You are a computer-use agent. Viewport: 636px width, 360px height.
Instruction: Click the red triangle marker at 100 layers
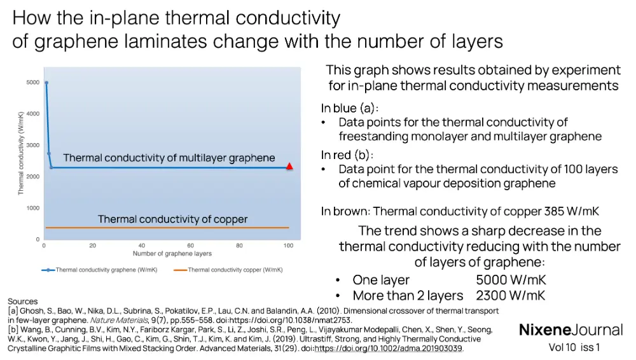pyautogui.click(x=289, y=167)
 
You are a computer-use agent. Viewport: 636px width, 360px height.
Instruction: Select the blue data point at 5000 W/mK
pyautogui.click(x=46, y=83)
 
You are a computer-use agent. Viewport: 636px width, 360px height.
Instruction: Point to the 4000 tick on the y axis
pyautogui.click(x=32, y=114)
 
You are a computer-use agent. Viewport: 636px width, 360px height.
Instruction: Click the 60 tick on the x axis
pyautogui.click(x=190, y=246)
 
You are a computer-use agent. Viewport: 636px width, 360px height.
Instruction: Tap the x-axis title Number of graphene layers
pyautogui.click(x=172, y=254)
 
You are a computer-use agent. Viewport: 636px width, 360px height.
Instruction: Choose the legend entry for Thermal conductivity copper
pyautogui.click(x=228, y=270)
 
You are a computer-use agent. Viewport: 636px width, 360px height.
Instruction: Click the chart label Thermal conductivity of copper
pyautogui.click(x=172, y=219)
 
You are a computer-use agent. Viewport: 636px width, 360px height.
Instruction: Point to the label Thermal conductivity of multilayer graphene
pyautogui.click(x=169, y=158)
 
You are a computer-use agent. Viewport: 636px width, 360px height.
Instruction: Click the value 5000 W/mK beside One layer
pyautogui.click(x=511, y=280)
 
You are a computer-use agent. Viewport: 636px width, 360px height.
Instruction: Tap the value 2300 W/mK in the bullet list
pyautogui.click(x=511, y=295)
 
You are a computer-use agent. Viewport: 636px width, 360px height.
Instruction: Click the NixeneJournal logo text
pyautogui.click(x=571, y=329)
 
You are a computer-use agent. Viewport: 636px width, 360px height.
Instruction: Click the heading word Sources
pyautogui.click(x=23, y=301)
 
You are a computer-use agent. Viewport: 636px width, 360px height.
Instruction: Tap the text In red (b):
pyautogui.click(x=347, y=155)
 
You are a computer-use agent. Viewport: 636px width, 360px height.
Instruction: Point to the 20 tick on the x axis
pyautogui.click(x=93, y=246)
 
